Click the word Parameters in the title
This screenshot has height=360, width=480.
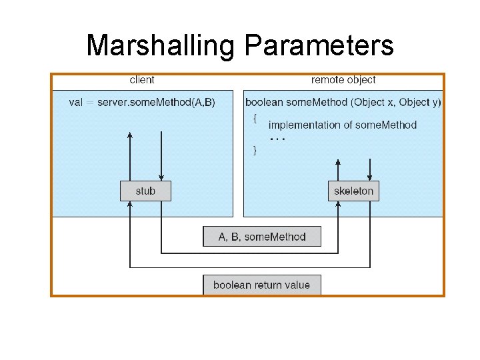tap(319, 45)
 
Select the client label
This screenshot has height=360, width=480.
tap(141, 80)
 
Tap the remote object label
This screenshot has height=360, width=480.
tap(343, 80)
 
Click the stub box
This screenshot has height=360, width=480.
tap(145, 191)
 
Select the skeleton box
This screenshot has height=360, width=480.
tap(354, 191)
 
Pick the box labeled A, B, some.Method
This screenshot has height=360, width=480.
tap(262, 237)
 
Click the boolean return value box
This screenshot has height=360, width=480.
tap(261, 285)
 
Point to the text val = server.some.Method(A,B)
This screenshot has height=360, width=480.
tap(142, 102)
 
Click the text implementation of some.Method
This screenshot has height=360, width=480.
tap(342, 125)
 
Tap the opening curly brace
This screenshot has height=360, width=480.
tap(254, 119)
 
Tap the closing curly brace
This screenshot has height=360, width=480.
tap(254, 151)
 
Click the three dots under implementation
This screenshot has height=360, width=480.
tap(277, 139)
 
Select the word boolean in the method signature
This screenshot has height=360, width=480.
tap(263, 102)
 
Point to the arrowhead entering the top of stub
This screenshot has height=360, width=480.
tap(161, 177)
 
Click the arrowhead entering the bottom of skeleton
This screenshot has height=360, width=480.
tap(338, 204)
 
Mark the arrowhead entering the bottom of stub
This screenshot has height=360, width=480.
tap(130, 204)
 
